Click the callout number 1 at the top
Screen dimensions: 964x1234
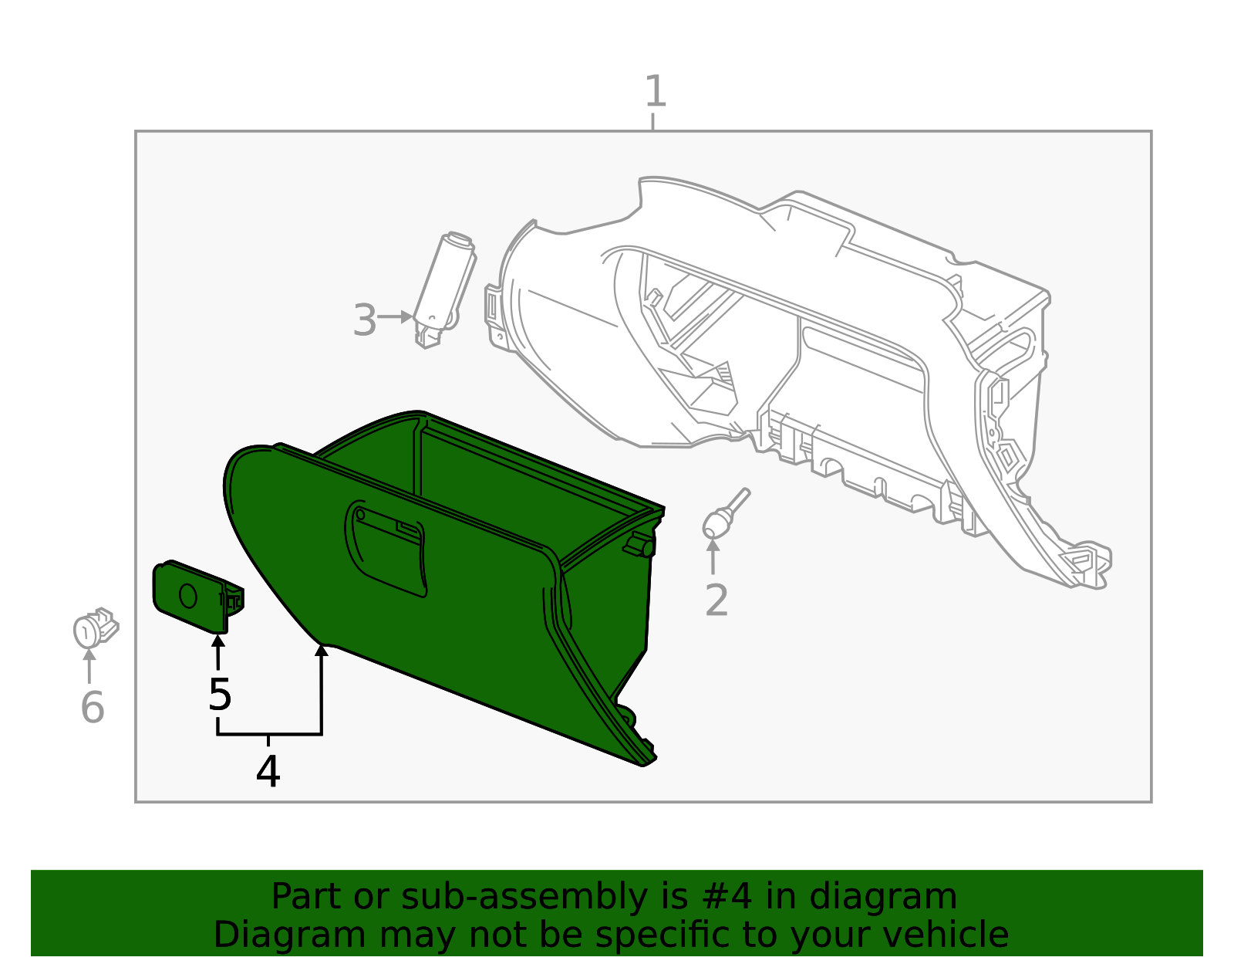[655, 92]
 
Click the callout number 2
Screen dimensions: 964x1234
[716, 600]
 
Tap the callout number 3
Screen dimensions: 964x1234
[364, 320]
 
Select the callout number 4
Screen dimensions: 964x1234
[268, 771]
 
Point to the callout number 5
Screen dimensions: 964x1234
[220, 695]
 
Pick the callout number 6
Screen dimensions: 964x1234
[93, 707]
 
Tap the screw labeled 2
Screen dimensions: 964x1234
[722, 517]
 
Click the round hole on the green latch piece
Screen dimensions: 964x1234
[188, 596]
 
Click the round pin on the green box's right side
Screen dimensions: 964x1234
[645, 547]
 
